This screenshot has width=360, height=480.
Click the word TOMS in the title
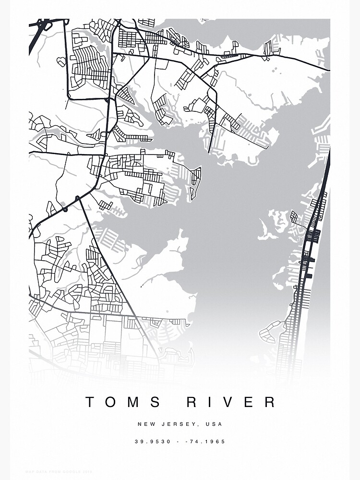pyautogui.click(x=124, y=402)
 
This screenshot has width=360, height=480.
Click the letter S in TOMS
pyautogui.click(x=157, y=402)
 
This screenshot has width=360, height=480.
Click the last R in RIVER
pyautogui.click(x=270, y=402)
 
